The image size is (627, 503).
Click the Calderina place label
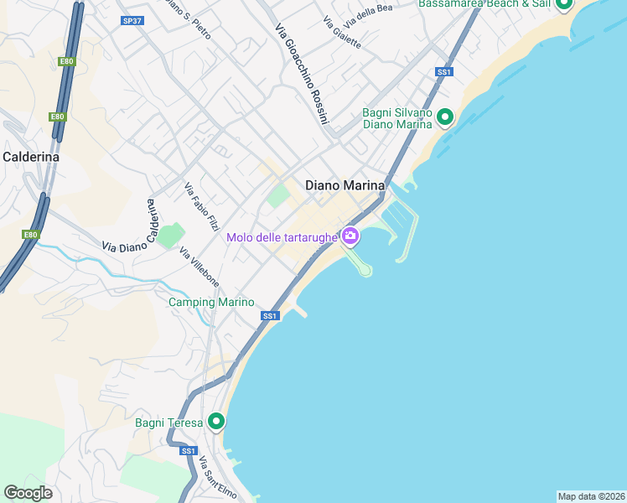pyautogui.click(x=31, y=156)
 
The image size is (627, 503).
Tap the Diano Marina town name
pyautogui.click(x=345, y=185)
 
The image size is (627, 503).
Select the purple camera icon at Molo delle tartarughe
pyautogui.click(x=350, y=237)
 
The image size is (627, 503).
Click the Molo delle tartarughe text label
pyautogui.click(x=282, y=237)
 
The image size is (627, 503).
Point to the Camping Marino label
pyautogui.click(x=211, y=302)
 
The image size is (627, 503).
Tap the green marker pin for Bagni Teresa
pyautogui.click(x=217, y=422)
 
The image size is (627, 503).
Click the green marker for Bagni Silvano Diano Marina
pyautogui.click(x=445, y=118)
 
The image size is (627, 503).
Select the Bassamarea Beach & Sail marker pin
pyautogui.click(x=564, y=4)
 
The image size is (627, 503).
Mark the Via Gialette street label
pyautogui.click(x=341, y=34)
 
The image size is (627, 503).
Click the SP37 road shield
pyautogui.click(x=132, y=20)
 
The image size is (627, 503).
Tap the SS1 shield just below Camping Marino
pyautogui.click(x=269, y=316)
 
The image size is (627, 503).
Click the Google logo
pyautogui.click(x=28, y=493)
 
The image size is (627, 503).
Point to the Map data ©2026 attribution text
pyautogui.click(x=591, y=496)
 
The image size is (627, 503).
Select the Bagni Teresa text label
pyautogui.click(x=168, y=423)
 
